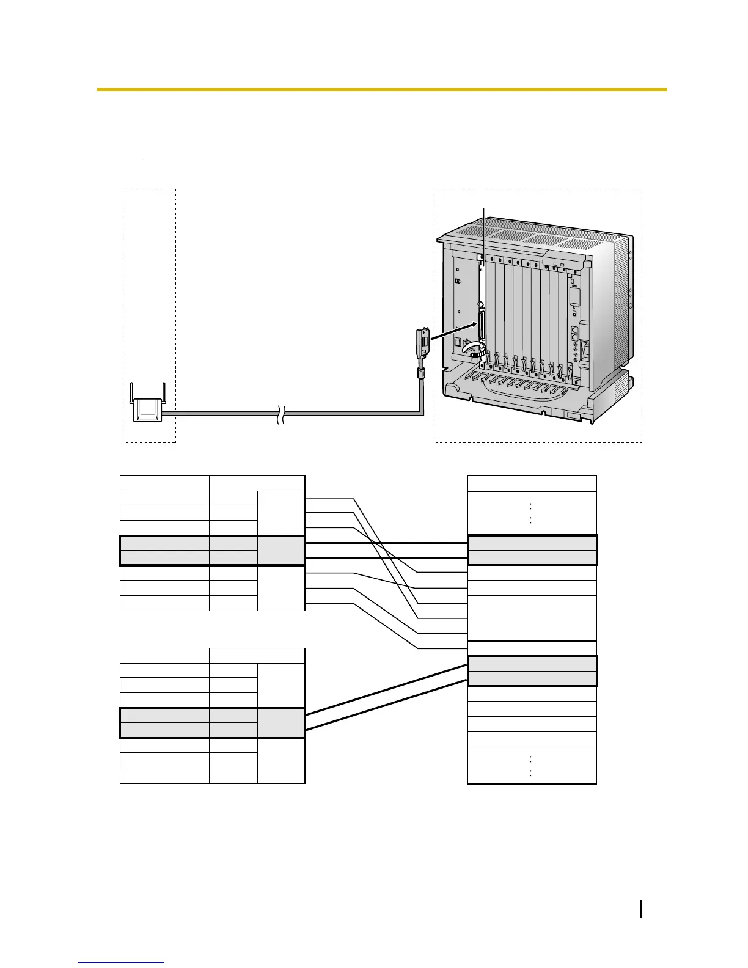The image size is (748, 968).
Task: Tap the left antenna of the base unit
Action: click(133, 392)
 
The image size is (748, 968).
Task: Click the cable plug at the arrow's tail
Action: click(420, 343)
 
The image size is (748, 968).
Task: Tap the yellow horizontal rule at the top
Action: click(381, 90)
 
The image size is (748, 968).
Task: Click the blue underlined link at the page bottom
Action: click(121, 963)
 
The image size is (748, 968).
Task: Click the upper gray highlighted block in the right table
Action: click(532, 550)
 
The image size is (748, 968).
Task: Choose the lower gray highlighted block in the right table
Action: click(532, 671)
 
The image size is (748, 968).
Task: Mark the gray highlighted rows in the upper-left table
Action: click(212, 550)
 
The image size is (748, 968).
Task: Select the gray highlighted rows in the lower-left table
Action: click(212, 723)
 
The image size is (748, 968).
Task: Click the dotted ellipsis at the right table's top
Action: click(530, 513)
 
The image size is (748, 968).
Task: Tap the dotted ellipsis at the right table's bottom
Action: click(530, 766)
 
